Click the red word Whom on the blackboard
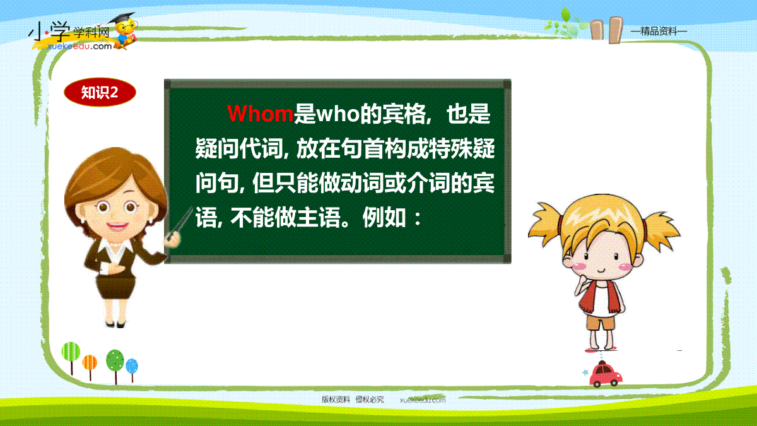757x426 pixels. [260, 113]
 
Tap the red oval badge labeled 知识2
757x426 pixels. [100, 92]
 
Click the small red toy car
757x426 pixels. [605, 375]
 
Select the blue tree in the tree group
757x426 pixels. [132, 369]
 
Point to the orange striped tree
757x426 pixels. [90, 366]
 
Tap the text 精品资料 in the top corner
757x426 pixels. [659, 32]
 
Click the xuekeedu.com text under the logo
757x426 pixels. [79, 46]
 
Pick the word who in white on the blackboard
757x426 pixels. [338, 114]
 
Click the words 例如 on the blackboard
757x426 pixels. [384, 218]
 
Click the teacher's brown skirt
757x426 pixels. [115, 287]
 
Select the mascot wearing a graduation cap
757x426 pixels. [125, 31]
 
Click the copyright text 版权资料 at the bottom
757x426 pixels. [335, 399]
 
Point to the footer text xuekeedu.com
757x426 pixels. [423, 400]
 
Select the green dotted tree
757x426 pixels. [115, 366]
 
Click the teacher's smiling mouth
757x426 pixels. [117, 226]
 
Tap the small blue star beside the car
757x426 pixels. [585, 372]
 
